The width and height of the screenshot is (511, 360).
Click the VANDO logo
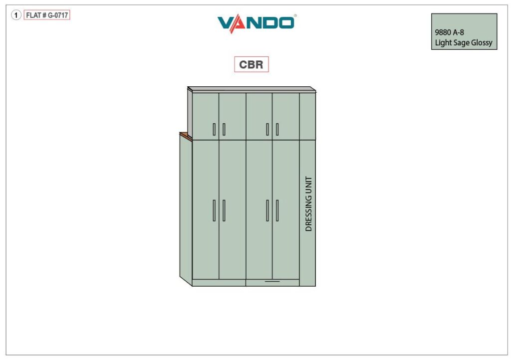pyautogui.click(x=256, y=23)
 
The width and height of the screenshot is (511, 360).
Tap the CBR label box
pyautogui.click(x=252, y=64)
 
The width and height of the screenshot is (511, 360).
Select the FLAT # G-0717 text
pyautogui.click(x=47, y=15)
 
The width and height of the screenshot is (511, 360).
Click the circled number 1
pyautogui.click(x=16, y=15)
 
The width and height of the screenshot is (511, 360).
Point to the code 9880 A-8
pyautogui.click(x=449, y=32)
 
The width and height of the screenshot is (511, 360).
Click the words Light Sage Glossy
pyautogui.click(x=464, y=43)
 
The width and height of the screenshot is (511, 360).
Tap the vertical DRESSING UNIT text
pyautogui.click(x=308, y=204)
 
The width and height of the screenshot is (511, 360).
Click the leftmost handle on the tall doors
pyautogui.click(x=214, y=210)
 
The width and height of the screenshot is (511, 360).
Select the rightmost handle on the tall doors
pyautogui.click(x=277, y=210)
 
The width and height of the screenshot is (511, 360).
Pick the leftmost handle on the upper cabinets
pyautogui.click(x=214, y=129)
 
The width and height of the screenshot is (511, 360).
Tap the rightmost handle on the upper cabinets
pyautogui.click(x=277, y=129)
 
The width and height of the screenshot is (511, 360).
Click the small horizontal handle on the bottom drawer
pyautogui.click(x=272, y=281)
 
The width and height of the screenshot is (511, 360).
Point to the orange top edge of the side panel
pyautogui.click(x=186, y=136)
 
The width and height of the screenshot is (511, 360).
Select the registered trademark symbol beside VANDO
pyautogui.click(x=295, y=15)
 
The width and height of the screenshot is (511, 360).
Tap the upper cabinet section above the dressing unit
pyautogui.click(x=307, y=116)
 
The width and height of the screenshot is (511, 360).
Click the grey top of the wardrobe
pyautogui.click(x=252, y=90)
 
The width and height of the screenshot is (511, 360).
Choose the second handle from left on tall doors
pyautogui.click(x=224, y=210)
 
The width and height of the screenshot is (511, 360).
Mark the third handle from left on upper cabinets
pyautogui.click(x=267, y=129)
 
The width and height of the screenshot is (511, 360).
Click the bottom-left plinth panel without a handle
pyautogui.click(x=219, y=283)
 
